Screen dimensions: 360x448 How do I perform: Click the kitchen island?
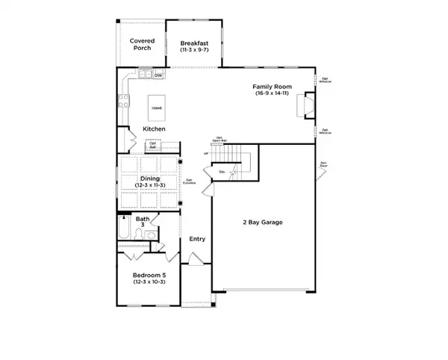(x=156, y=108)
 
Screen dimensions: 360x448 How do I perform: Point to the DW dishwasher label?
(x=158, y=75)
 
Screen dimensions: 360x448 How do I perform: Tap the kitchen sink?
(x=143, y=75)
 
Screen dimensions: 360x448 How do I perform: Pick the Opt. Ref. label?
(x=152, y=145)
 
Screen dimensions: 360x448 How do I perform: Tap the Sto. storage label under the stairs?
(x=222, y=173)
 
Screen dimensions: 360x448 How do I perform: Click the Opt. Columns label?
(x=191, y=181)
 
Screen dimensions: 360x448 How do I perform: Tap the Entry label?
(x=197, y=239)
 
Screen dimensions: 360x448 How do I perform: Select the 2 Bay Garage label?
(x=261, y=223)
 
